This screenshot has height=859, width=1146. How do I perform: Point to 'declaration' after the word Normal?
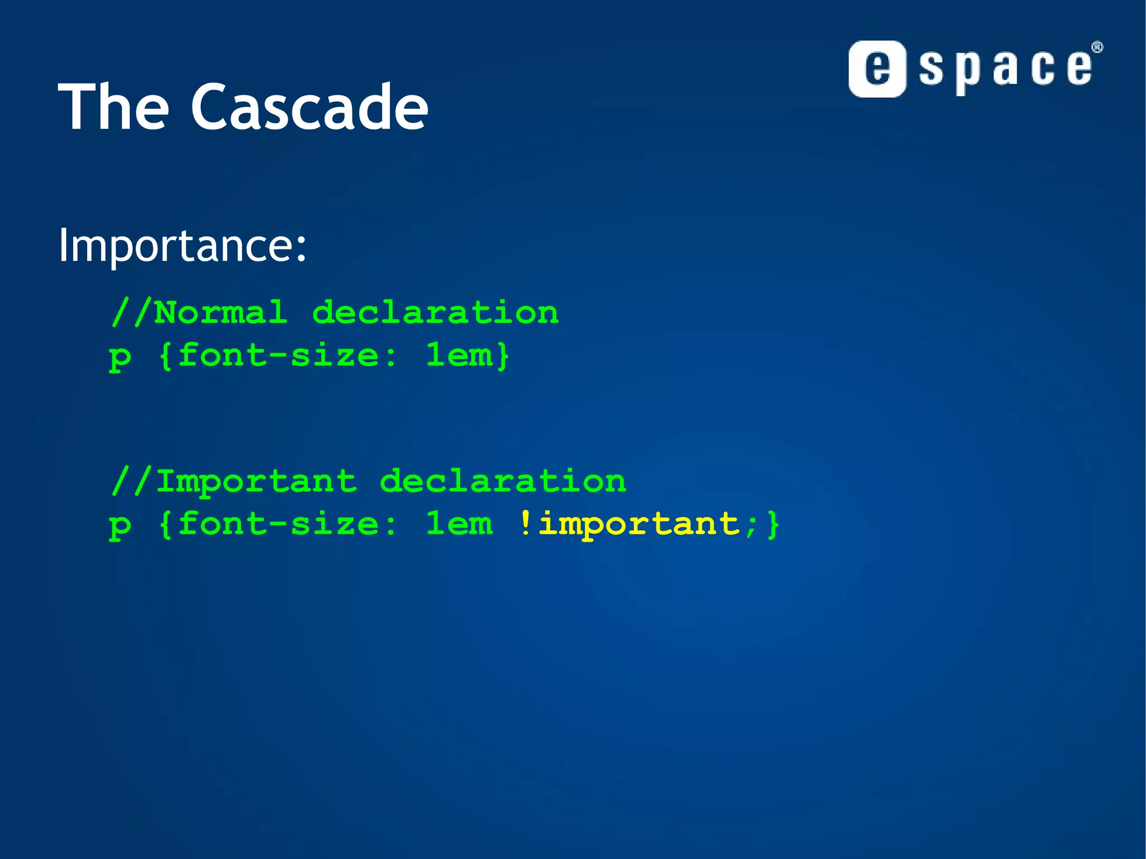(x=435, y=312)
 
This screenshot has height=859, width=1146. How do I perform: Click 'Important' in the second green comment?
(x=256, y=481)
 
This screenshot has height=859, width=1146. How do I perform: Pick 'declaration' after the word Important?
(x=502, y=481)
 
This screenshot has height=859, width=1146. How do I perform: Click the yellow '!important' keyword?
(x=630, y=524)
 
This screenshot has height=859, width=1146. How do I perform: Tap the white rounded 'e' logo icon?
(x=877, y=69)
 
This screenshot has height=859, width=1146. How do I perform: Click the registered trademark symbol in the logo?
(x=1097, y=48)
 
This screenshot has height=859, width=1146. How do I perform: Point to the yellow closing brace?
(x=773, y=524)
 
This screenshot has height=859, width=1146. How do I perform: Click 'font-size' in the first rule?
(x=279, y=355)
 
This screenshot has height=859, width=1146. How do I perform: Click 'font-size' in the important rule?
(x=279, y=524)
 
